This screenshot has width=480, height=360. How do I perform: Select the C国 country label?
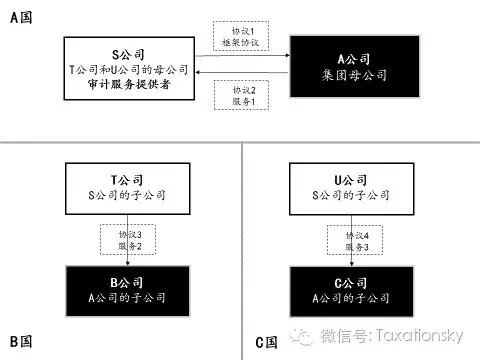click(x=266, y=341)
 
